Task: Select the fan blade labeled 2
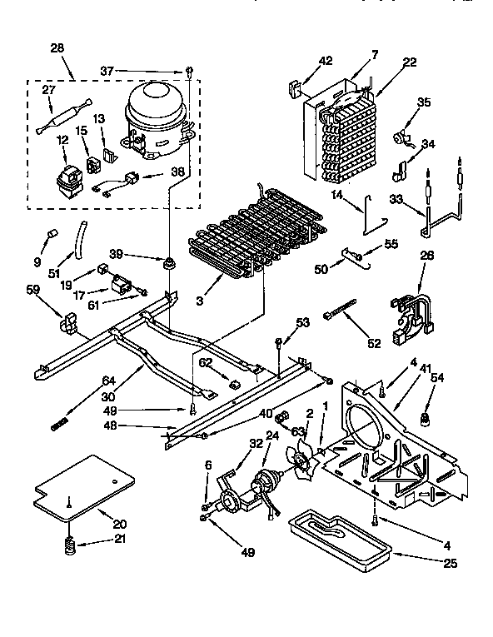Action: tap(301, 459)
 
